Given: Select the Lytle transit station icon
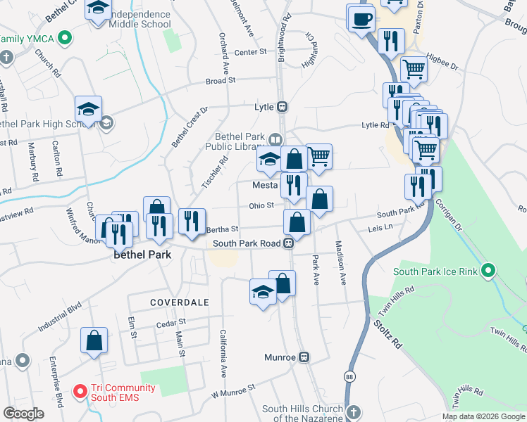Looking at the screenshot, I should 282,107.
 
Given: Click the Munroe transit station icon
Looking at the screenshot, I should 304,357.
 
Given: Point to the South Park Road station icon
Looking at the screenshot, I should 288,243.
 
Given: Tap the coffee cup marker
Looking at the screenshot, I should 361,18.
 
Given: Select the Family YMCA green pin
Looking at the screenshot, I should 65,37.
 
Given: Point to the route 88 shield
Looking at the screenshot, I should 349,377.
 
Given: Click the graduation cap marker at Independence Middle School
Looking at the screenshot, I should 98,10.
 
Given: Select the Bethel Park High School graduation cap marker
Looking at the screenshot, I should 88,110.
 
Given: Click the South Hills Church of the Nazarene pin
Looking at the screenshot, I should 355,410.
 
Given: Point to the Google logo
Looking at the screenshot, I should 24,414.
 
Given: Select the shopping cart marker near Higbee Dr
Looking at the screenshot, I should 414,69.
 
